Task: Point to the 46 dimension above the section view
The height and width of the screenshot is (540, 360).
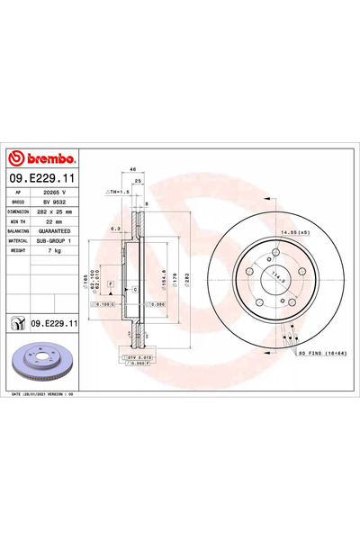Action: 132,169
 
